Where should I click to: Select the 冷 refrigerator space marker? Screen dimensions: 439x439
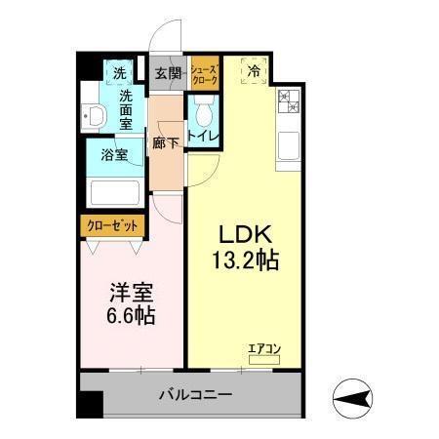tap(254, 70)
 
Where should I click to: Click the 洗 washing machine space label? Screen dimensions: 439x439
tap(118, 73)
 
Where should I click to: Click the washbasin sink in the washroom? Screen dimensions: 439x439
tap(94, 117)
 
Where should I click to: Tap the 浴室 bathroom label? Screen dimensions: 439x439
tap(114, 155)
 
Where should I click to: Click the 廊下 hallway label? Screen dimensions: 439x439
tap(166, 143)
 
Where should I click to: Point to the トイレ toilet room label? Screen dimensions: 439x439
tap(204, 136)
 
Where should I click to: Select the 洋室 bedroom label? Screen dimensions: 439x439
tap(128, 292)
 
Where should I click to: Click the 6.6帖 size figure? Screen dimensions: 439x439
tap(128, 316)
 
